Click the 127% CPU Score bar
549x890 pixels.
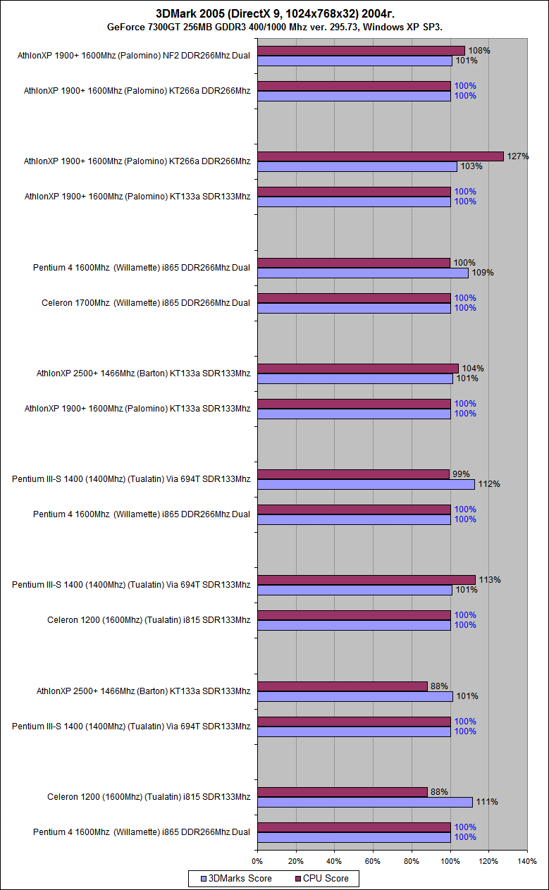tap(381, 156)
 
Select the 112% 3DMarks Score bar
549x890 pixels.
tap(366, 484)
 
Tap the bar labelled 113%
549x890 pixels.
tap(366, 580)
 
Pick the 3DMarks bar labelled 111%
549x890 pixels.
tap(365, 802)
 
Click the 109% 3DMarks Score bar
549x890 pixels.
tap(363, 273)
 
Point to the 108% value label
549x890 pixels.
tap(480, 51)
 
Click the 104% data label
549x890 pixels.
tap(472, 369)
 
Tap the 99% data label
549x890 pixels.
tap(460, 474)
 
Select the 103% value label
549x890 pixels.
tap(471, 166)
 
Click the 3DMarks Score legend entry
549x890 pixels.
tap(237, 879)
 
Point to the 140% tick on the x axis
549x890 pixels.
tap(526, 860)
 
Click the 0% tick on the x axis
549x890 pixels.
tap(257, 860)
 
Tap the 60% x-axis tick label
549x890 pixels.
tap(373, 860)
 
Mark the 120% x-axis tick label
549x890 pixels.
tap(488, 860)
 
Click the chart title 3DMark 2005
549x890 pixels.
tap(275, 13)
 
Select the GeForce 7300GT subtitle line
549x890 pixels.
tap(275, 27)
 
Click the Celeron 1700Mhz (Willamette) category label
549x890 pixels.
tap(146, 303)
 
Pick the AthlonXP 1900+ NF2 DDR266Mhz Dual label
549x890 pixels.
tap(134, 56)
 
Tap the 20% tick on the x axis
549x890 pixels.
tap(296, 860)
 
